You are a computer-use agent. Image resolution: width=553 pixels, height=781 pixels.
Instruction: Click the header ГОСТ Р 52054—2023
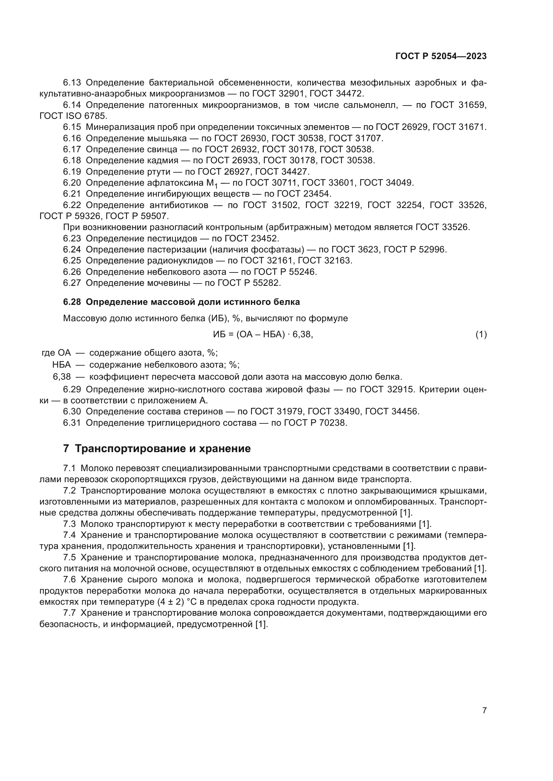[441, 56]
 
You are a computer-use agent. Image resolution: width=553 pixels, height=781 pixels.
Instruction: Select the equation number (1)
[481, 335]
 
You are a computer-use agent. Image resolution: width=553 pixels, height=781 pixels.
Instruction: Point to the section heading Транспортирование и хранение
[162, 449]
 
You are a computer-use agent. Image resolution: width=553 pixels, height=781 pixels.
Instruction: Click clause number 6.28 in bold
[72, 302]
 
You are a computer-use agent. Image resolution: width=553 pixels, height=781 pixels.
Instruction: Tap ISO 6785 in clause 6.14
[86, 116]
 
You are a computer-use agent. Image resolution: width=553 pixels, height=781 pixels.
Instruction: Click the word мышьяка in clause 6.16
[167, 139]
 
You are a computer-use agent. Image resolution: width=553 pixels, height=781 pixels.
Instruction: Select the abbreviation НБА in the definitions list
[62, 365]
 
